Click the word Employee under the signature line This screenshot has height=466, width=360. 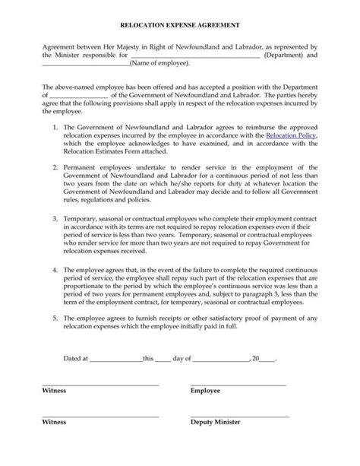[x=205, y=390]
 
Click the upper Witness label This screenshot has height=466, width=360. [x=54, y=390]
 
